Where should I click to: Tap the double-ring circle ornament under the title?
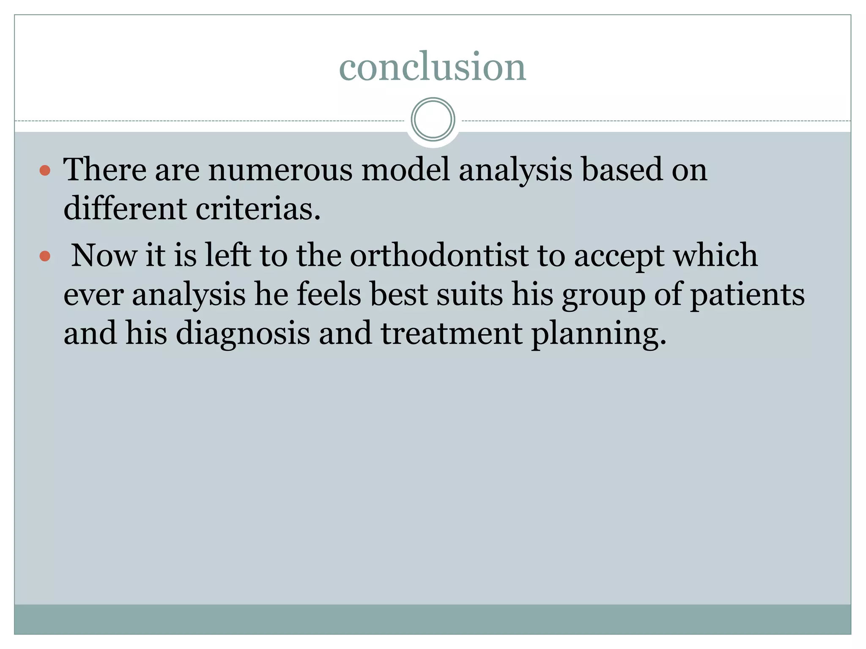point(433,120)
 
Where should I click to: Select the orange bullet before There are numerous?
point(45,171)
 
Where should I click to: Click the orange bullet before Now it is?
point(45,256)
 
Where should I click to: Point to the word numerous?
point(280,170)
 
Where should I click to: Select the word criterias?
point(258,209)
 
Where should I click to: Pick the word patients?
point(747,295)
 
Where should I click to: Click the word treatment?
point(451,334)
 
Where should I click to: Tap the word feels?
point(329,295)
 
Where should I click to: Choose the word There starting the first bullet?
point(105,170)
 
